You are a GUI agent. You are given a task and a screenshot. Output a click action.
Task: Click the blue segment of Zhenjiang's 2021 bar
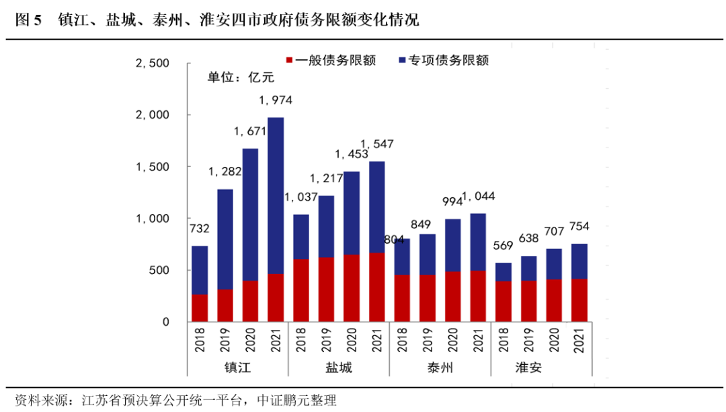tap(276, 195)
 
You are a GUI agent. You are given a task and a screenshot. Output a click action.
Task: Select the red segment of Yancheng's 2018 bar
tap(301, 290)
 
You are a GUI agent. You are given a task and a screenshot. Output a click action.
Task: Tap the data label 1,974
tap(276, 101)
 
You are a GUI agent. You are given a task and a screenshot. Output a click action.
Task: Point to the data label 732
tap(200, 229)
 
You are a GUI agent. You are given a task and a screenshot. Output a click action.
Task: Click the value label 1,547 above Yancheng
tap(377, 144)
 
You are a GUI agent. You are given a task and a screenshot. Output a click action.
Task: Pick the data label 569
tap(503, 246)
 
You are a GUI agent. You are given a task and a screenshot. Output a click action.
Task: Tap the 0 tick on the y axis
tap(165, 322)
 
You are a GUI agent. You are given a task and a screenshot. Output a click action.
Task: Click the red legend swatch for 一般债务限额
tap(290, 61)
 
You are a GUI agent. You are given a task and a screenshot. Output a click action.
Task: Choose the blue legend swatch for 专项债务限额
tap(402, 61)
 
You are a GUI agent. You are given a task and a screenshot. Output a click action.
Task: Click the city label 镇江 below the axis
tap(238, 368)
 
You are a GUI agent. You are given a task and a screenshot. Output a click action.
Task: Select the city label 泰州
tap(440, 368)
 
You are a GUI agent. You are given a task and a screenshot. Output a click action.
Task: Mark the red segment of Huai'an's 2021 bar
tap(579, 300)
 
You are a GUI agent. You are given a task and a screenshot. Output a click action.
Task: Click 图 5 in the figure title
tap(28, 20)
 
